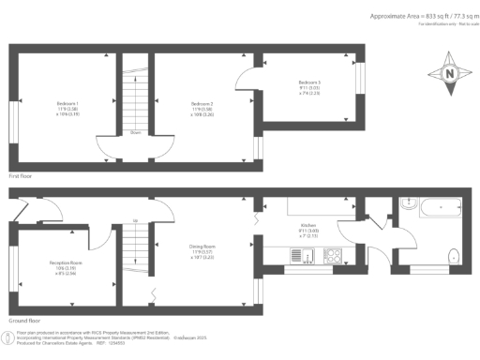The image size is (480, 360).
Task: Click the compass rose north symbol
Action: click(x=449, y=74)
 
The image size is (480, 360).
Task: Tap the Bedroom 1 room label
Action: click(x=67, y=106)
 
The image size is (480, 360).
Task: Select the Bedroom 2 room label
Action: click(x=203, y=106)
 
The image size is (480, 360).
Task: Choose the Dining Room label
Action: click(x=203, y=250)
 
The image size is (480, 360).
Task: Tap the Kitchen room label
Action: click(x=309, y=229)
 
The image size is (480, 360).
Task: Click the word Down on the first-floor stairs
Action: click(x=136, y=132)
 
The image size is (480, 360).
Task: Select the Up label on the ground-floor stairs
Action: click(x=136, y=221)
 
